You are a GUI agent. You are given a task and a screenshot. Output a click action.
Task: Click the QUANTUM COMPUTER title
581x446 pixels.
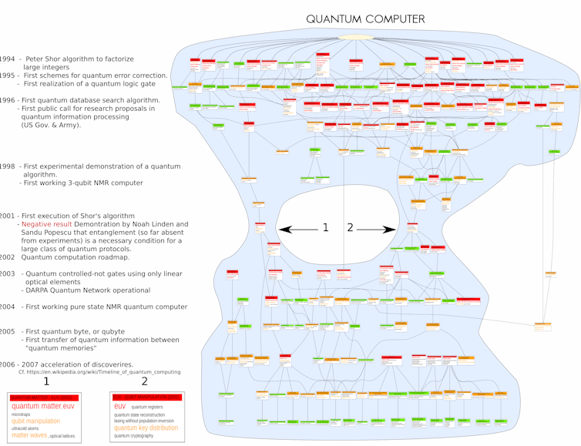tap(365, 19)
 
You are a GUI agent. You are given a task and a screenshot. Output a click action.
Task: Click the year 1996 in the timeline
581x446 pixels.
tap(7, 100)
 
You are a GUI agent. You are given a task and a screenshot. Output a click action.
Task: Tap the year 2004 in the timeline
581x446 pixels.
tap(7, 307)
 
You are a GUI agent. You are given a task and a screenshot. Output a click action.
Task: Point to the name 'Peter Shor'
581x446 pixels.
tap(45, 59)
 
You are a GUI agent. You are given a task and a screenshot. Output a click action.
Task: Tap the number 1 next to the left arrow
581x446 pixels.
tap(326, 228)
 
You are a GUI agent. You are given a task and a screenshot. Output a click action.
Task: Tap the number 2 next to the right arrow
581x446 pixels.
tap(351, 228)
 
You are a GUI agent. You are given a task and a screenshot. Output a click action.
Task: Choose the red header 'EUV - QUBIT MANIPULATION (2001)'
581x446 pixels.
tap(147, 397)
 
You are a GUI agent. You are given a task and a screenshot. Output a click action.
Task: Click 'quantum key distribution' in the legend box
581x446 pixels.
tap(146, 428)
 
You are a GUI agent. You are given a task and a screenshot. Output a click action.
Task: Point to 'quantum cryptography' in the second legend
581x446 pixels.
tap(133, 436)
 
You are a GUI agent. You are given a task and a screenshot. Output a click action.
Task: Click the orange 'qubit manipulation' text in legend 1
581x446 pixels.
tap(35, 421)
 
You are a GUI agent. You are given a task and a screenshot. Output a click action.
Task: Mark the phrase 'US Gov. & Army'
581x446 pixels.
tap(51, 125)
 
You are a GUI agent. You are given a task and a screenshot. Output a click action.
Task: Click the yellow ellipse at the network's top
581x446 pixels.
tap(356, 37)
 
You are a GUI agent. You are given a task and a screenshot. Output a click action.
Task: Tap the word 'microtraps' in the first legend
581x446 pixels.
tap(22, 414)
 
